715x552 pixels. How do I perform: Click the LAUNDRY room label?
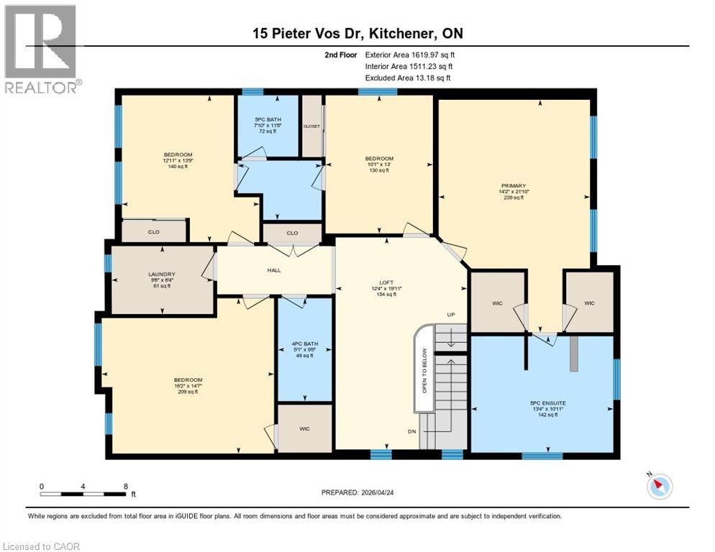click(161, 275)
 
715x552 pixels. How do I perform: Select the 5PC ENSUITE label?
click(543, 403)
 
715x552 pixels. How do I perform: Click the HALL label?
click(273, 270)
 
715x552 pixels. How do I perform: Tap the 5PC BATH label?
click(268, 119)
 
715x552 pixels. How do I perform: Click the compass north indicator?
click(659, 486)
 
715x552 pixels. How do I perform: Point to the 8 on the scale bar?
click(126, 487)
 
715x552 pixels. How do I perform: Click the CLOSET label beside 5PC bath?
click(311, 126)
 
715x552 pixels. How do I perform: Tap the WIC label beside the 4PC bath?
click(305, 428)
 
